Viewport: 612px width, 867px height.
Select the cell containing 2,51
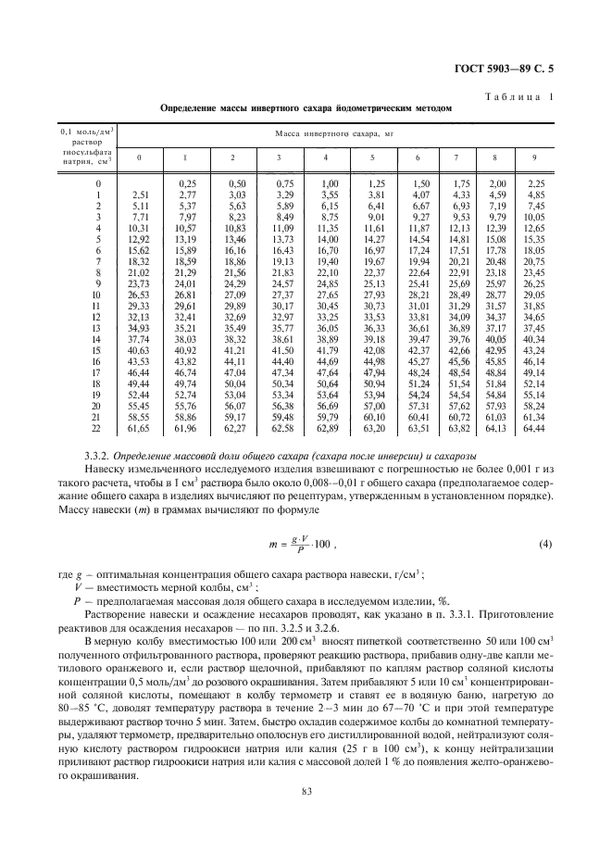click(140, 195)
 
